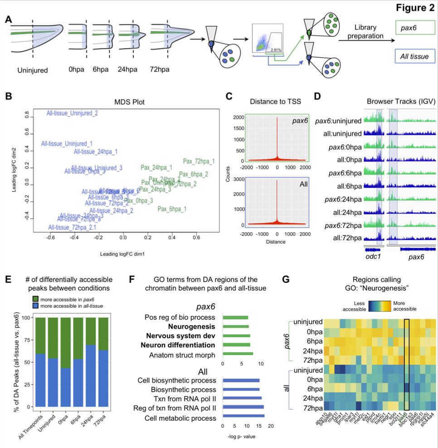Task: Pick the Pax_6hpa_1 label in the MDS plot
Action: pos(172,209)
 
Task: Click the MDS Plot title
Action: pos(129,102)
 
